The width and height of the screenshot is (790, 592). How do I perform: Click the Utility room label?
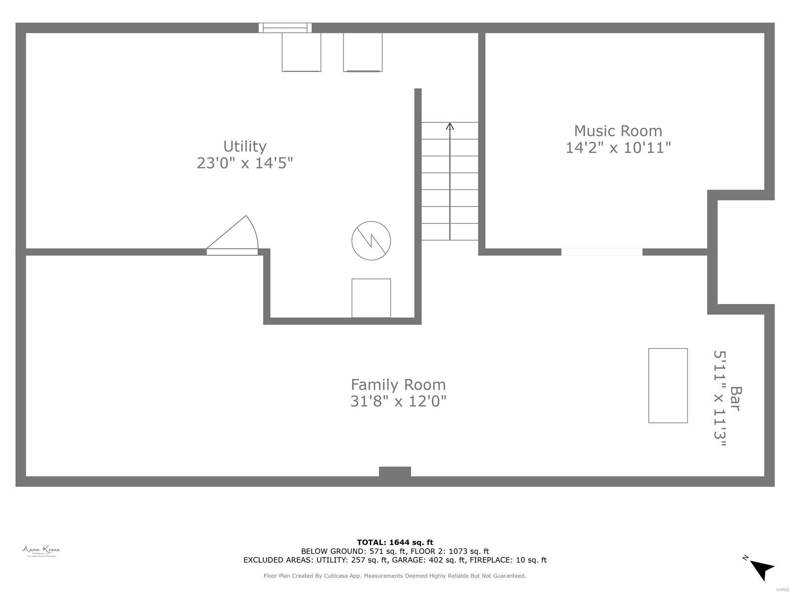tap(245, 147)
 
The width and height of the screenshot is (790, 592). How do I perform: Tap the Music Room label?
tap(618, 131)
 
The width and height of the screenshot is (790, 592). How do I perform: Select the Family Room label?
tap(398, 384)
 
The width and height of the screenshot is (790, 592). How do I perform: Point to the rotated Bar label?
tap(736, 398)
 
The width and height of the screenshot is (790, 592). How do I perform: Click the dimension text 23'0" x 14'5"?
tap(245, 163)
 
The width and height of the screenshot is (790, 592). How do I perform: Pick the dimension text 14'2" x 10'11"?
tap(618, 148)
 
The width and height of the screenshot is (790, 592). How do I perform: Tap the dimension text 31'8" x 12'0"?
tap(398, 401)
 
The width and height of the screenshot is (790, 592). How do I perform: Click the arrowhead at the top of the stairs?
tap(450, 126)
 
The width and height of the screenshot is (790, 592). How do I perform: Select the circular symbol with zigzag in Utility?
tap(371, 241)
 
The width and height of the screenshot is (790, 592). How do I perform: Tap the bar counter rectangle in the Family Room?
tap(668, 385)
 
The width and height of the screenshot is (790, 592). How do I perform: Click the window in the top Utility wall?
tap(285, 28)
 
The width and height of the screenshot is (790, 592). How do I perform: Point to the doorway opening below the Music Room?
tap(601, 252)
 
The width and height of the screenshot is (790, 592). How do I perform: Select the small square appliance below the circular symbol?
tap(371, 298)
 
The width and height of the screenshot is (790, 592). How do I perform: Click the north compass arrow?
tap(761, 569)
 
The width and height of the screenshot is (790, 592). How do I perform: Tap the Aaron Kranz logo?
tap(41, 551)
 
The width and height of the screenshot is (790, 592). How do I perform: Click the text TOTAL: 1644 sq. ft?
tap(395, 542)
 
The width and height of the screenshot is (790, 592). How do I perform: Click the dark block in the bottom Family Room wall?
tap(395, 472)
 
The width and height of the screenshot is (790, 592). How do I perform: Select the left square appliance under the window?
tap(301, 52)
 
